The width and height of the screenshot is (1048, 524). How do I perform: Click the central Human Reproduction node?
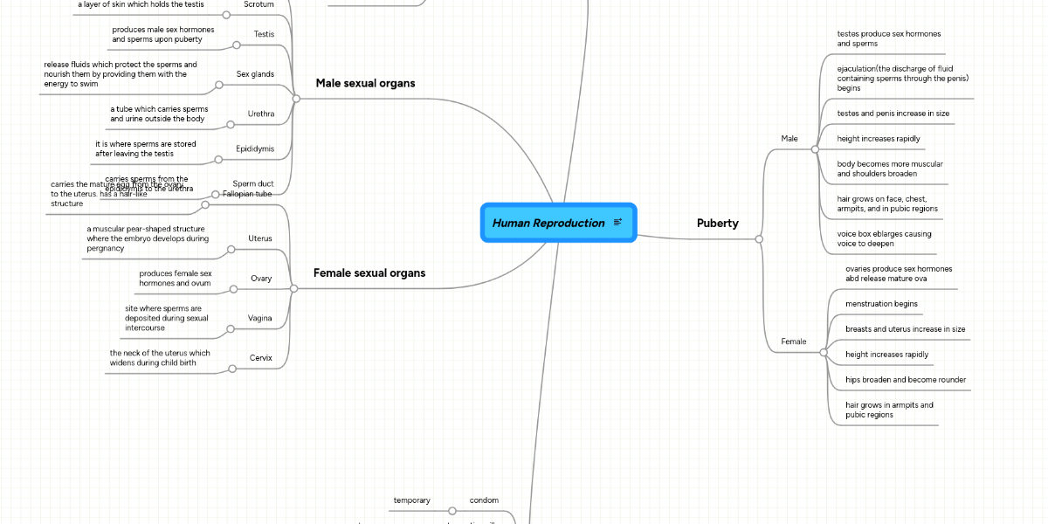tap(548, 223)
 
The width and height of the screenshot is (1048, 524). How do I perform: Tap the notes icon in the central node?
tap(617, 223)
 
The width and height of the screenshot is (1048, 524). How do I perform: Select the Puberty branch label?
tap(717, 223)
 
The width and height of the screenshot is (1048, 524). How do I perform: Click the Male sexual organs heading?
tap(365, 83)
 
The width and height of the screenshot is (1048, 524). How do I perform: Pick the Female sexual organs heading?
tap(369, 272)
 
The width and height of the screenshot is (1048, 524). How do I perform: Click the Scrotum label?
tap(259, 3)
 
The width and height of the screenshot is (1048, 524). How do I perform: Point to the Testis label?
tap(264, 34)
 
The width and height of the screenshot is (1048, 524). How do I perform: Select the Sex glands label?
tap(255, 74)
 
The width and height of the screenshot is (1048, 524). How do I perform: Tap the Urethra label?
tap(260, 114)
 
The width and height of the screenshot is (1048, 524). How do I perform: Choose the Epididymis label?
tap(254, 148)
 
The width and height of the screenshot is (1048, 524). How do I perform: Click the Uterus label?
tap(259, 238)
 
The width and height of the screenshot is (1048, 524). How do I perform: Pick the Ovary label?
tap(261, 279)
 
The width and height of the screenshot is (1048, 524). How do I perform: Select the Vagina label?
tap(259, 319)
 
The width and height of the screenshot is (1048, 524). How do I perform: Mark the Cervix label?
tap(260, 358)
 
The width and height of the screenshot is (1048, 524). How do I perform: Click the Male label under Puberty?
tap(789, 138)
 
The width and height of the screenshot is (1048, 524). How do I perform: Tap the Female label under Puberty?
tap(793, 341)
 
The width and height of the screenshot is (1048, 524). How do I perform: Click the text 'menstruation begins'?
tap(881, 304)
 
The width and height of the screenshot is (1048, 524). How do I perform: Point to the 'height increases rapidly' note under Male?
tap(878, 139)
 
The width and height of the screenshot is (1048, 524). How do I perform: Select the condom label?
tap(484, 500)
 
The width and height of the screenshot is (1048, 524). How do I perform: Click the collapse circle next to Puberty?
tap(759, 238)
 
